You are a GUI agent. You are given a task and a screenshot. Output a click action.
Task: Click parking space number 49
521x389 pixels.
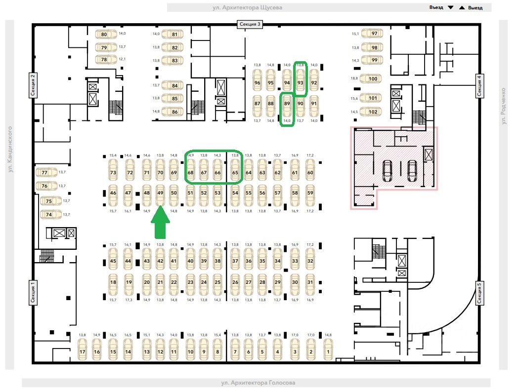160,193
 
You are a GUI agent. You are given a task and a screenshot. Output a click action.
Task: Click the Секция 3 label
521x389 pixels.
250,24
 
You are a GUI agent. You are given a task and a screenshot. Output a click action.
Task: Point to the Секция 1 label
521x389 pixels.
33,293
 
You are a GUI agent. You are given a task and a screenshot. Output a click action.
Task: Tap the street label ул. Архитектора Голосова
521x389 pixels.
256,383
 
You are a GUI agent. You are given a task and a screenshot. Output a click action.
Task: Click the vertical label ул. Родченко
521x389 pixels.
503,106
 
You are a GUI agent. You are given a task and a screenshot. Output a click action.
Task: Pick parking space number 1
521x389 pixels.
327,352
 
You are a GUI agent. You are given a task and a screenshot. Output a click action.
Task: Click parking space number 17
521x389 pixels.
83,352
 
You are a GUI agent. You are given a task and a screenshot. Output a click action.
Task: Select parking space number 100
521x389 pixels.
373,79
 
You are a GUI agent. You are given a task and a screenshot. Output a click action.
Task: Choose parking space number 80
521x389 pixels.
104,35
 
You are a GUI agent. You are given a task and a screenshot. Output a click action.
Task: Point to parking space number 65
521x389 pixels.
235,173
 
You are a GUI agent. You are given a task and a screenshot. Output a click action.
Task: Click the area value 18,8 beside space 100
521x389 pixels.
354,78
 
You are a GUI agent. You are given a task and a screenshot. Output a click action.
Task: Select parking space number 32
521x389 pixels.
310,261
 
